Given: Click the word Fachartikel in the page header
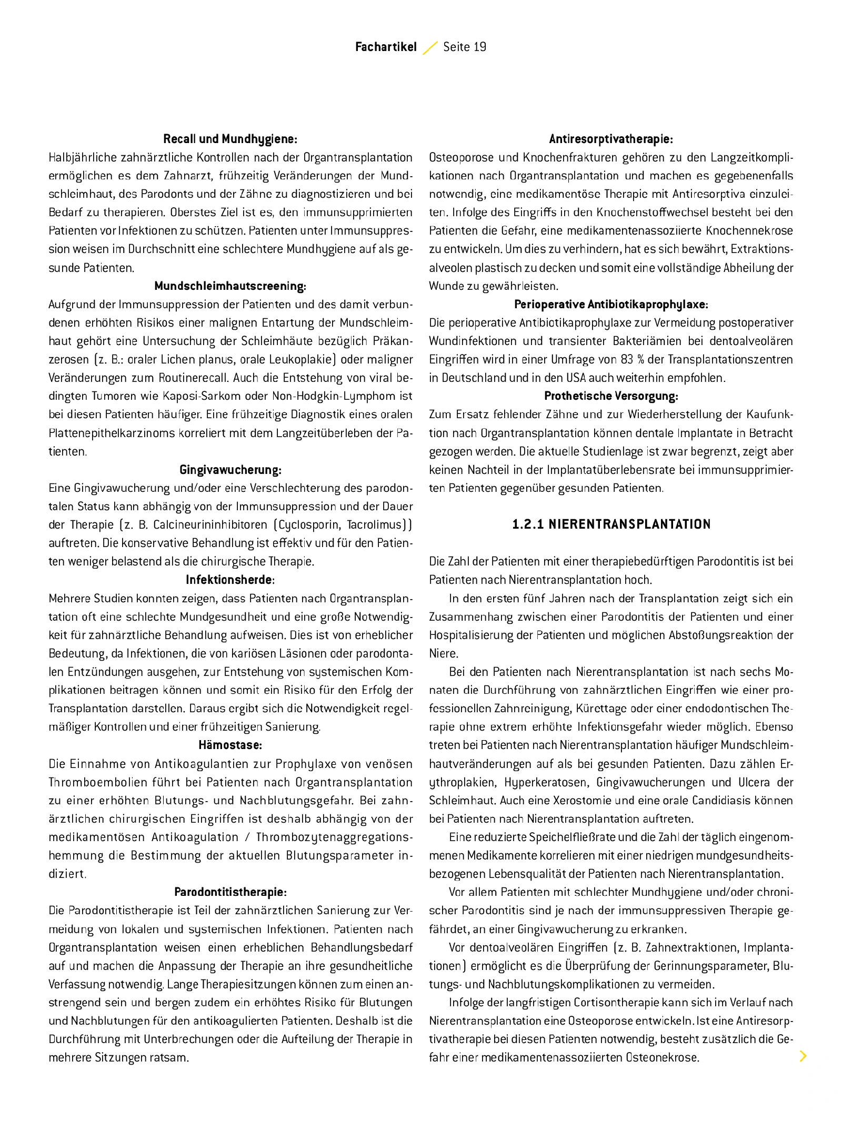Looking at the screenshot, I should (x=385, y=47).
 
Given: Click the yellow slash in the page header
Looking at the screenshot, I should (x=430, y=48).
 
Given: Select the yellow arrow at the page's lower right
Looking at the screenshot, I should (x=803, y=1056).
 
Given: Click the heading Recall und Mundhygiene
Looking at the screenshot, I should (x=230, y=139).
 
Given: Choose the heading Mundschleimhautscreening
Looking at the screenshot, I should (x=230, y=286).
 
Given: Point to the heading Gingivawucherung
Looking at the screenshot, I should (x=230, y=470).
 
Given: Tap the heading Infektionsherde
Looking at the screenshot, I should (x=230, y=580).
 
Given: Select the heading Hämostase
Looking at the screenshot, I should (x=230, y=745).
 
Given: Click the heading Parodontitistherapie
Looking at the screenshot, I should (x=230, y=892).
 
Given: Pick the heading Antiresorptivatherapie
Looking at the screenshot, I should (x=611, y=139).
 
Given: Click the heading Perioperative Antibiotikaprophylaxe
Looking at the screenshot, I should (x=611, y=305).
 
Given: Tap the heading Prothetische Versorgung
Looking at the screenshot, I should (x=611, y=396).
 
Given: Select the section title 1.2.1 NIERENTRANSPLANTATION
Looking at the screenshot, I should (x=611, y=524).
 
